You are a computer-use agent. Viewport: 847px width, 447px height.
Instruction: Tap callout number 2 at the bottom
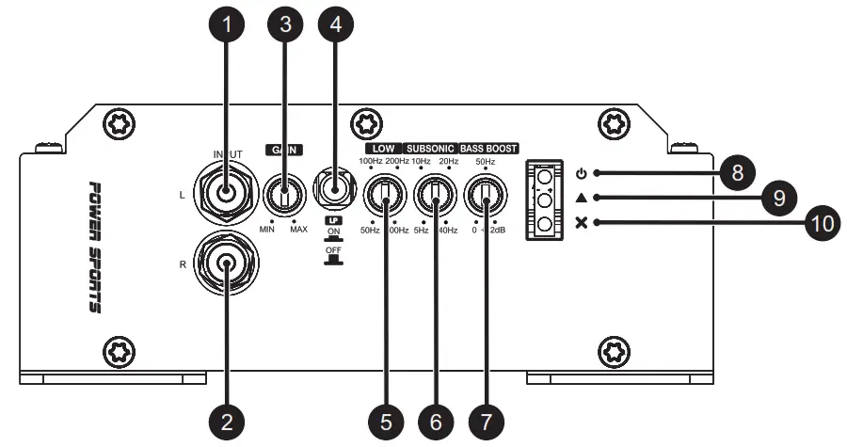click(x=226, y=422)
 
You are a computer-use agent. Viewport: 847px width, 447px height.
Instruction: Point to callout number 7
click(x=484, y=422)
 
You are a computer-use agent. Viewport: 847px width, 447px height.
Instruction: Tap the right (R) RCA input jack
click(x=226, y=264)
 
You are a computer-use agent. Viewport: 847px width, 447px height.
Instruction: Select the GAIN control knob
click(x=283, y=196)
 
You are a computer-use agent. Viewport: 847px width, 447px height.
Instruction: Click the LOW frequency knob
click(x=383, y=196)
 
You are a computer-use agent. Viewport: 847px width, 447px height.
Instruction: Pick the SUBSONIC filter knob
click(x=434, y=196)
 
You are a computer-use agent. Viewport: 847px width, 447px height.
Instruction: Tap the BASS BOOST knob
click(x=485, y=196)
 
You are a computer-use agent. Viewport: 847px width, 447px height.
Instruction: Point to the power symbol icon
click(x=582, y=173)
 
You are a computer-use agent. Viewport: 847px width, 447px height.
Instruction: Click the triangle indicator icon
click(x=582, y=198)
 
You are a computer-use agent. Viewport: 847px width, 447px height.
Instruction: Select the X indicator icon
click(x=582, y=223)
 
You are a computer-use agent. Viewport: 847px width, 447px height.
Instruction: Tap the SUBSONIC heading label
click(x=431, y=149)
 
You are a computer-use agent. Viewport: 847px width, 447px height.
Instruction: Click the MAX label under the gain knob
click(x=299, y=230)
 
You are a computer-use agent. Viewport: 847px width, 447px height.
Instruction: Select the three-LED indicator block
click(x=546, y=198)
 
